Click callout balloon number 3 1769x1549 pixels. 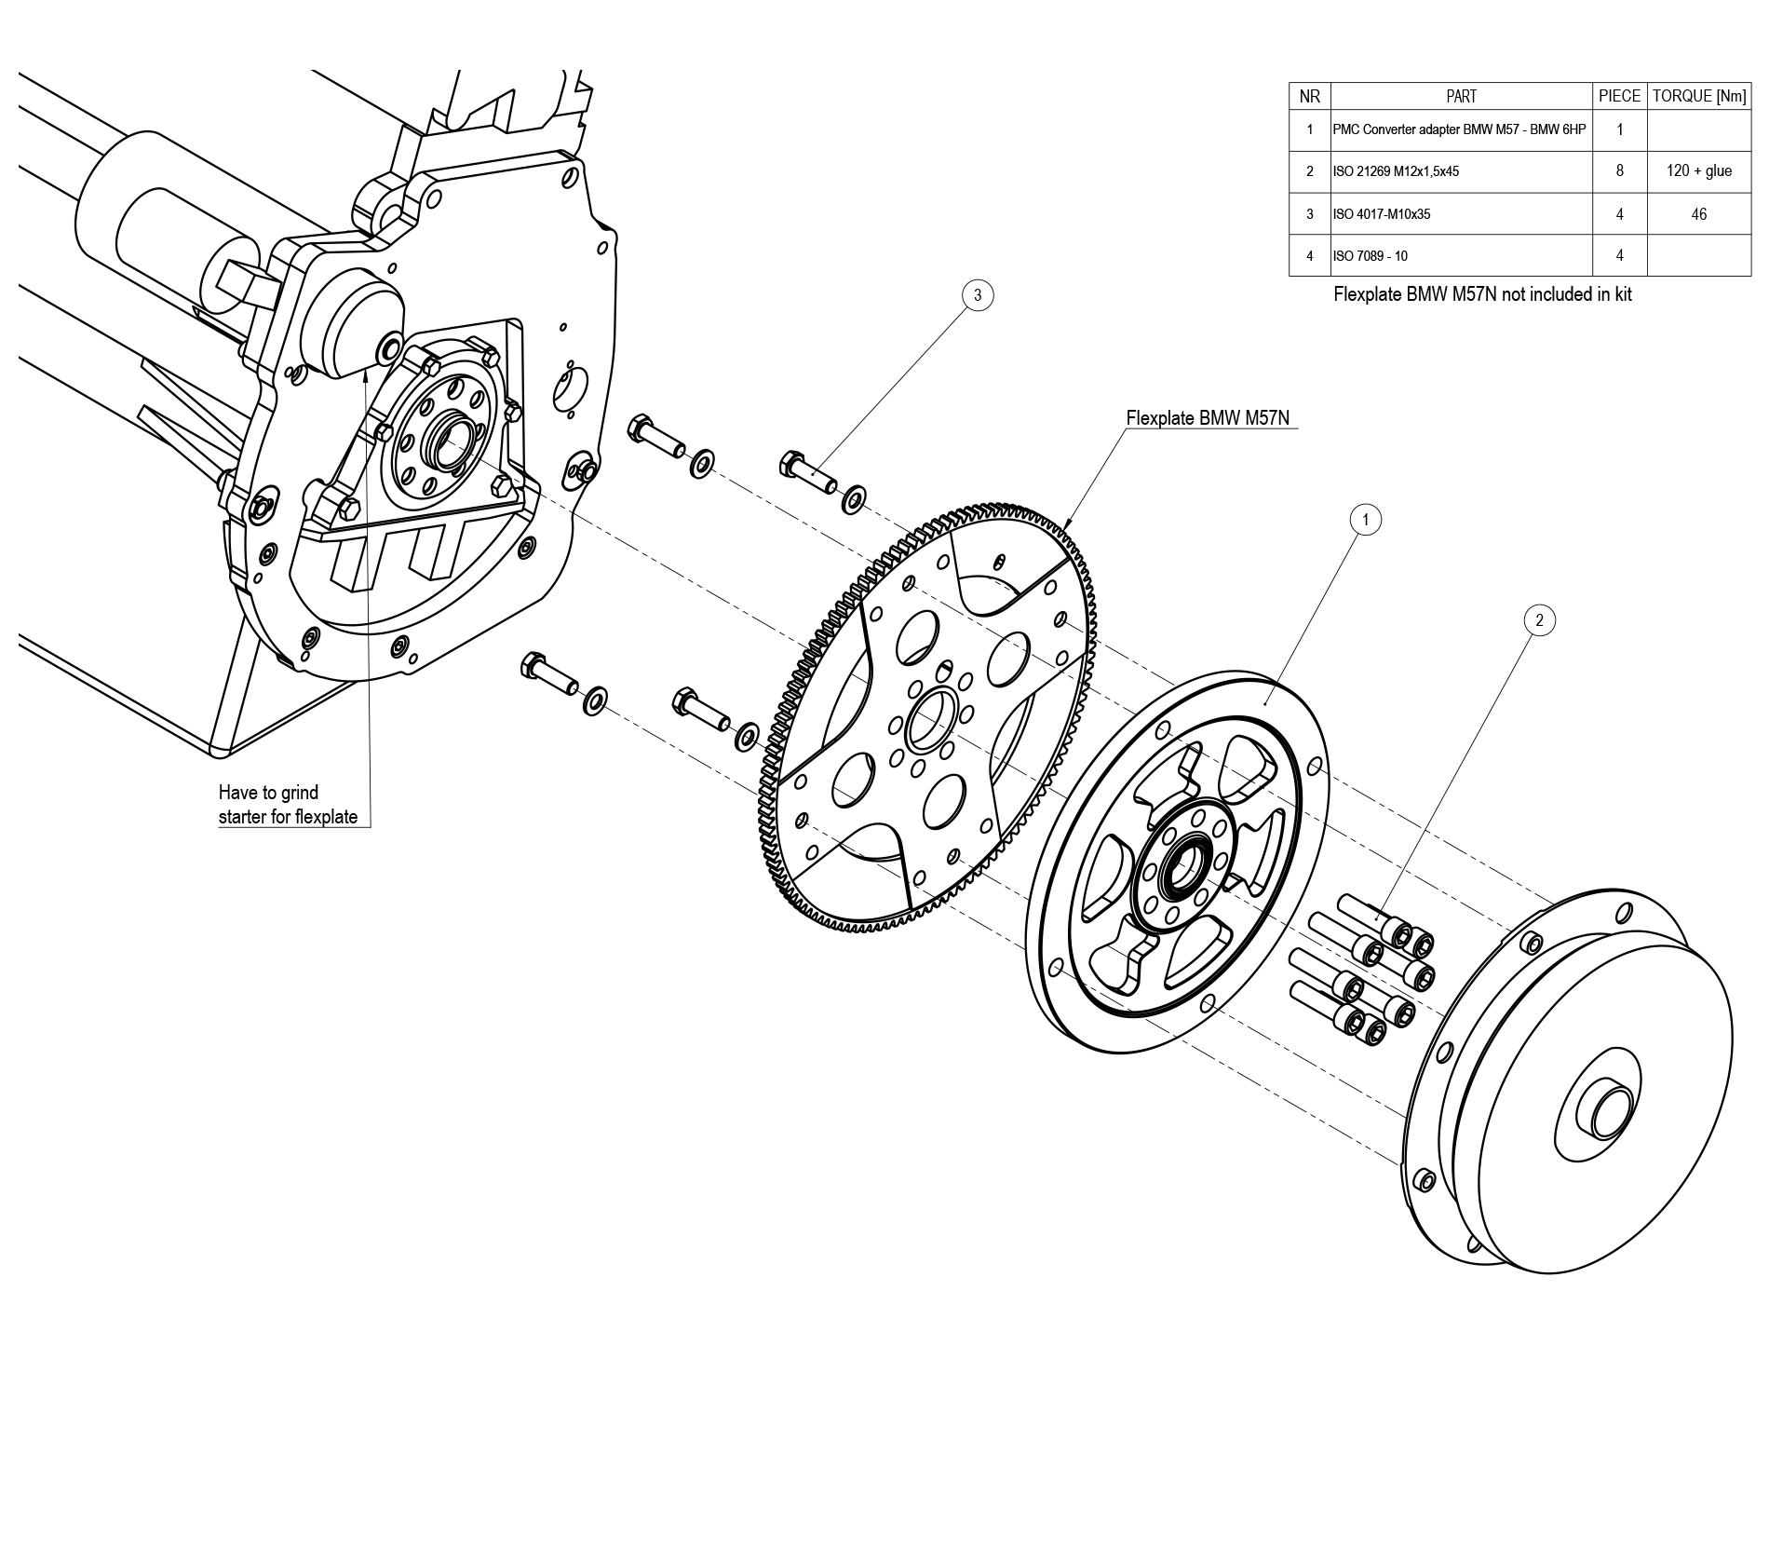coord(977,295)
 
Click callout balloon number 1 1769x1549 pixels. coord(1365,520)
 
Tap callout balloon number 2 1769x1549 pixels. coord(1539,620)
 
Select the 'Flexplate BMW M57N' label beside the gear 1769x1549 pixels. coord(1208,418)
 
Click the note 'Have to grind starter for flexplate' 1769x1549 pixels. coord(288,805)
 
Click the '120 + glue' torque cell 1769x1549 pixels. coord(1698,171)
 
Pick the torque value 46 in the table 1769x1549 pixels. coord(1698,214)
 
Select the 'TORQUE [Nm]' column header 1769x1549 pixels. coord(1698,96)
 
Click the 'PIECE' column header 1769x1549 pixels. coord(1619,96)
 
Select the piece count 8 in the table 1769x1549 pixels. coord(1619,171)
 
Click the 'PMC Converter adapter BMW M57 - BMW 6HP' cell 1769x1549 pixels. coord(1458,129)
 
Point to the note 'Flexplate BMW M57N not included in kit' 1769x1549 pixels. coord(1482,294)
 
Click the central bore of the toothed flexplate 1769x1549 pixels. coord(930,720)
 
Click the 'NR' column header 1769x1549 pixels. coord(1309,96)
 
